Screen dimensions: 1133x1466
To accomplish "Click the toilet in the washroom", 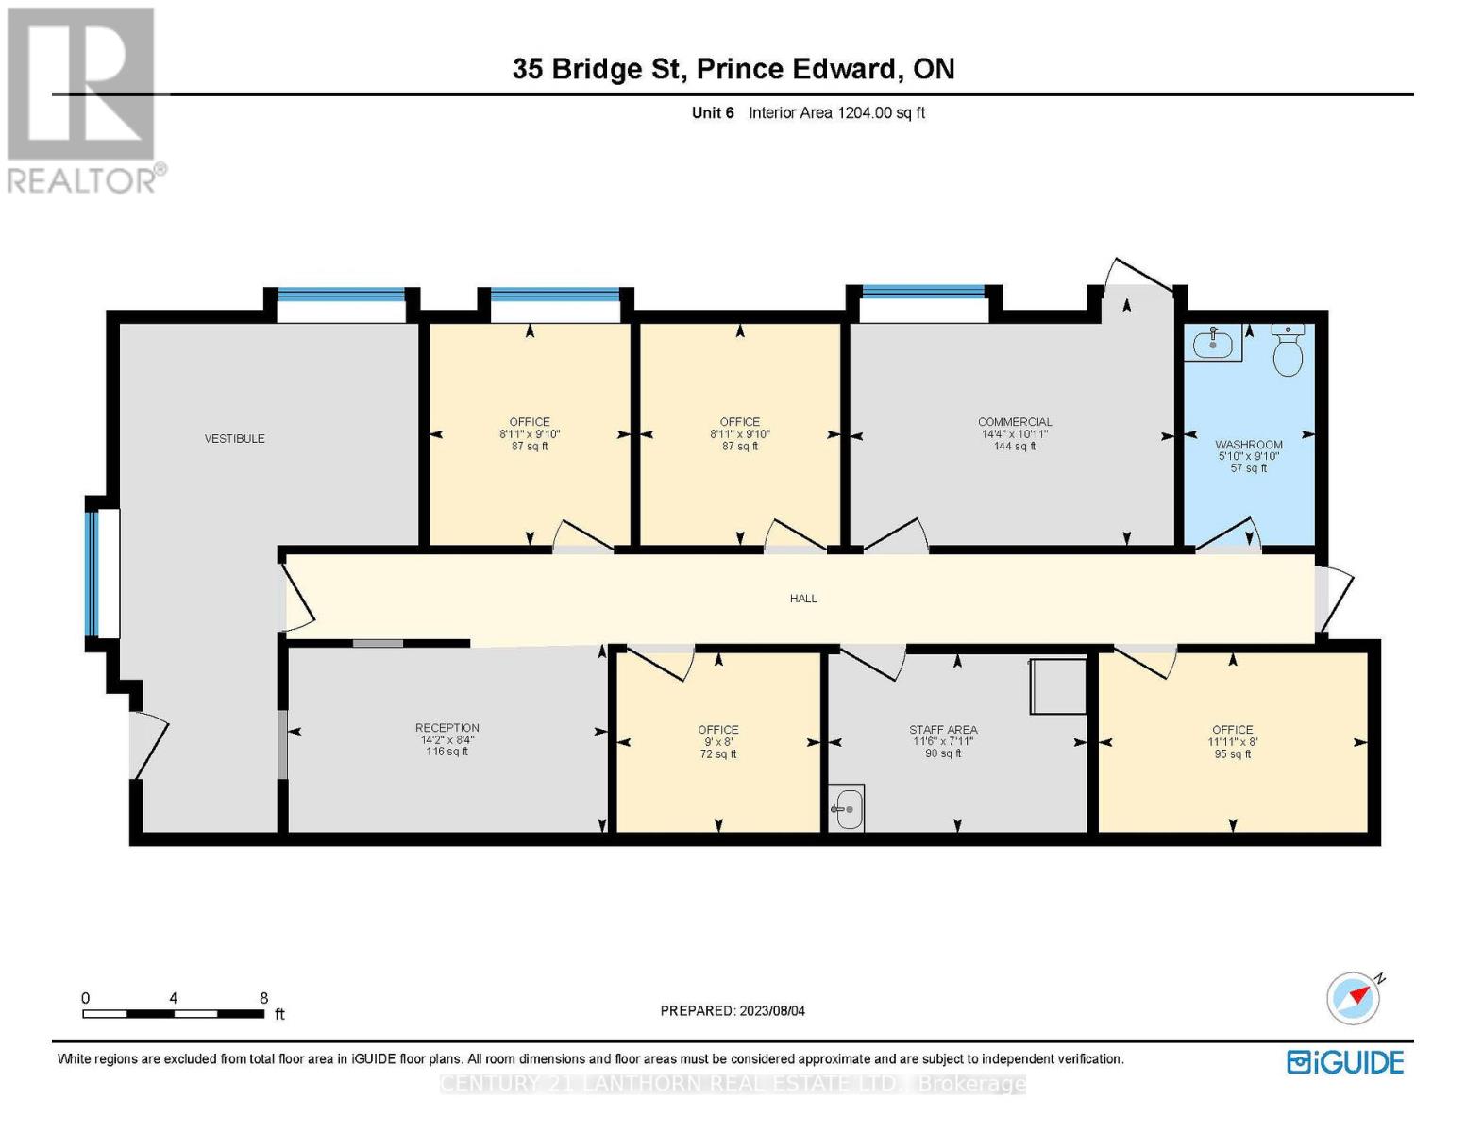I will click(x=1288, y=350).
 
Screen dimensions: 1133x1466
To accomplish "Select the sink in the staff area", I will click(x=847, y=808).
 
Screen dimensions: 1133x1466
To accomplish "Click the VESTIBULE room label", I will click(x=234, y=438).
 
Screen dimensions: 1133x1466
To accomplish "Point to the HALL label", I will click(x=803, y=598).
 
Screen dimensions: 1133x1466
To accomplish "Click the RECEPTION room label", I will click(x=447, y=728).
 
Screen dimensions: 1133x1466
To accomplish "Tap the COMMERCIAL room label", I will click(x=1015, y=422).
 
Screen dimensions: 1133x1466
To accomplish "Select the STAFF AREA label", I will click(x=943, y=730).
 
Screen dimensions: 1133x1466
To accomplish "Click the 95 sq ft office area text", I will click(x=1233, y=753).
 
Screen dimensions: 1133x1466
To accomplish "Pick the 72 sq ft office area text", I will click(x=718, y=753).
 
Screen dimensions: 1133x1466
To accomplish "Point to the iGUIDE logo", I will click(x=1345, y=1062).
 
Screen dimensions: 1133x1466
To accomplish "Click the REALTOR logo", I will click(x=83, y=99).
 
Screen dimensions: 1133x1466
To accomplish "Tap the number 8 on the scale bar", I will click(x=264, y=998).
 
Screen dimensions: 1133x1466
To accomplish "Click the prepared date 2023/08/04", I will click(x=772, y=1010).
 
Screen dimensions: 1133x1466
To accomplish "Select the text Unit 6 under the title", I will click(x=713, y=112).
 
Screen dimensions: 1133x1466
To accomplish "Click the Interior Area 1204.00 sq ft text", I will click(x=836, y=112).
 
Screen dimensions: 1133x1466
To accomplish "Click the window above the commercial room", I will click(x=923, y=292).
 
